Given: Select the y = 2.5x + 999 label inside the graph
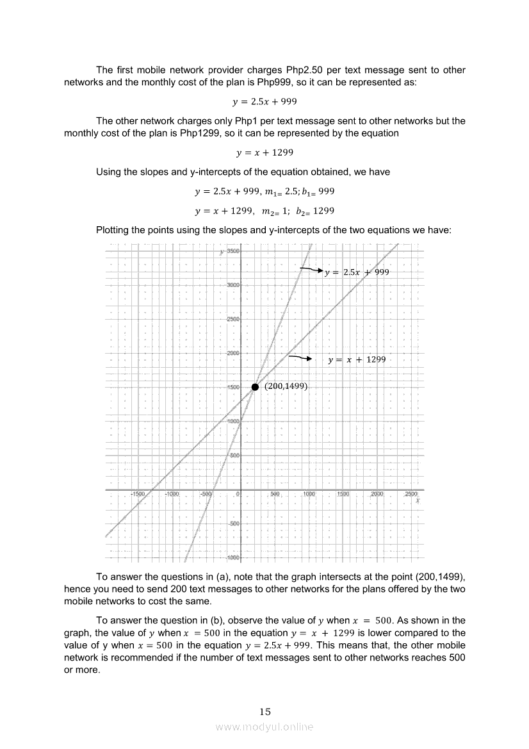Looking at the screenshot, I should point(357,272).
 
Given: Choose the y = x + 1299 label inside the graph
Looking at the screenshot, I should point(357,360).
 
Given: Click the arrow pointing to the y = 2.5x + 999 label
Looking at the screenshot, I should point(311,270).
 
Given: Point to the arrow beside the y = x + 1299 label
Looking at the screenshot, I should point(300,358).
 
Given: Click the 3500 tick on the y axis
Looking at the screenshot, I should point(233,251).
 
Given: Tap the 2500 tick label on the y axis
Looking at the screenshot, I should point(233,319).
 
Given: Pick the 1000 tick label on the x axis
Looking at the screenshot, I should point(309,495).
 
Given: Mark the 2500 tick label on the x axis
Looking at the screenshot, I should point(411,495).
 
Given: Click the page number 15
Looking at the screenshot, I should point(265,711).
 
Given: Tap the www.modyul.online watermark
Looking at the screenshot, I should point(264,727).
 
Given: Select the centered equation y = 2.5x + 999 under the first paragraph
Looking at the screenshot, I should point(264,102).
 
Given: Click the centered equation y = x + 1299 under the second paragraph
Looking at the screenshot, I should point(264,152).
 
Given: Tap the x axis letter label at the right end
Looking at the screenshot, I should point(418,501).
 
